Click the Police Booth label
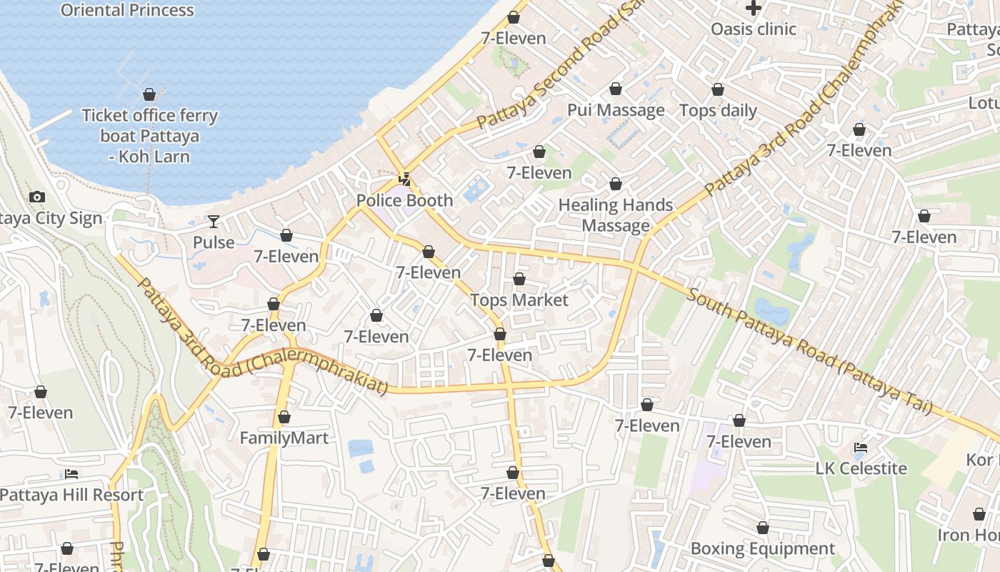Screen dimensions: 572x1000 point(404,201)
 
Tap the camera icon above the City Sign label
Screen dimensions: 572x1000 point(36,197)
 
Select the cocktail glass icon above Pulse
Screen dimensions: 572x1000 point(213,222)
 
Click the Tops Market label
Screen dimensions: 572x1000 point(519,300)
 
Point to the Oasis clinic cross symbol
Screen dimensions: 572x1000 point(753,9)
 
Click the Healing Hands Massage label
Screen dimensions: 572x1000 point(616,215)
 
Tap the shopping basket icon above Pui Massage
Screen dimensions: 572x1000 point(615,89)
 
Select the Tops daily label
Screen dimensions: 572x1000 point(718,111)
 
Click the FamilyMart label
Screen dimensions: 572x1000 point(284,438)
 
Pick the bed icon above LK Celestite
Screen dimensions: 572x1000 point(861,448)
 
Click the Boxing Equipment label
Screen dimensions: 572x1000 point(762,549)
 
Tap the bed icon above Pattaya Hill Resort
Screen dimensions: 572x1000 point(71,474)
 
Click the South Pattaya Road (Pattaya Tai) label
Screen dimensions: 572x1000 point(810,350)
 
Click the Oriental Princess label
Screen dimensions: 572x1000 point(127,10)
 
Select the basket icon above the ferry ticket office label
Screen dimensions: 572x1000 point(149,94)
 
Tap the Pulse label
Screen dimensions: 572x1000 point(214,242)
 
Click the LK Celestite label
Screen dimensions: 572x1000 point(861,469)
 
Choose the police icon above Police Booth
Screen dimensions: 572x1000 point(405,179)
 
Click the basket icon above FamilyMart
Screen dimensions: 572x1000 point(284,417)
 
